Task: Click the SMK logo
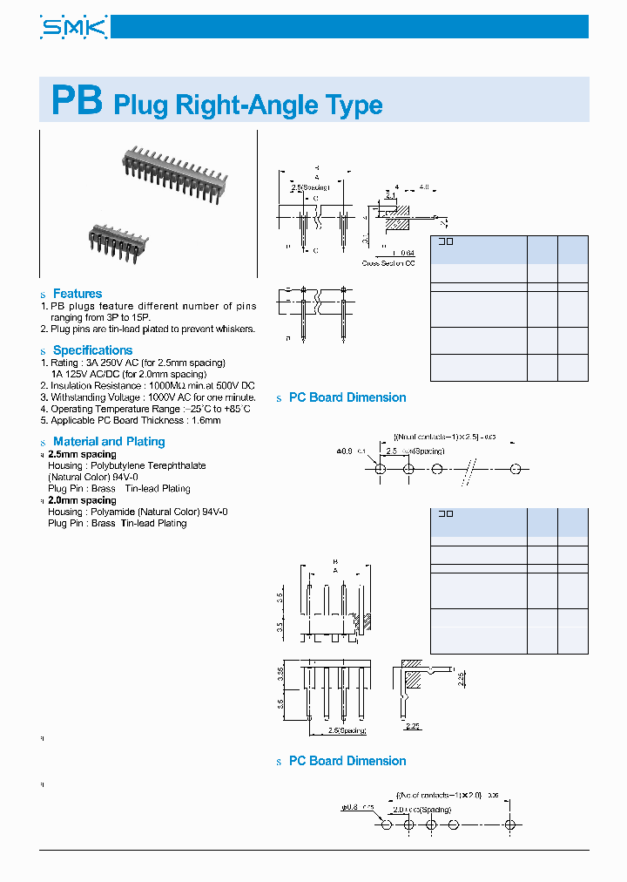(74, 27)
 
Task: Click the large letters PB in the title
(77, 102)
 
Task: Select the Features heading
(77, 294)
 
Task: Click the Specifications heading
(92, 350)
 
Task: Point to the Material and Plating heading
(108, 442)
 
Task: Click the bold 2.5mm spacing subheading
(82, 454)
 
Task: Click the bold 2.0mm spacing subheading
(82, 500)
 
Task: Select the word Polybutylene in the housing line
(116, 465)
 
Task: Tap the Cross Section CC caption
(388, 262)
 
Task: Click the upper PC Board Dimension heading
(347, 397)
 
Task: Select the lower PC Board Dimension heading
(347, 761)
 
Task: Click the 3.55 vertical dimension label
(280, 674)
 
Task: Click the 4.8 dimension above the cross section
(424, 187)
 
